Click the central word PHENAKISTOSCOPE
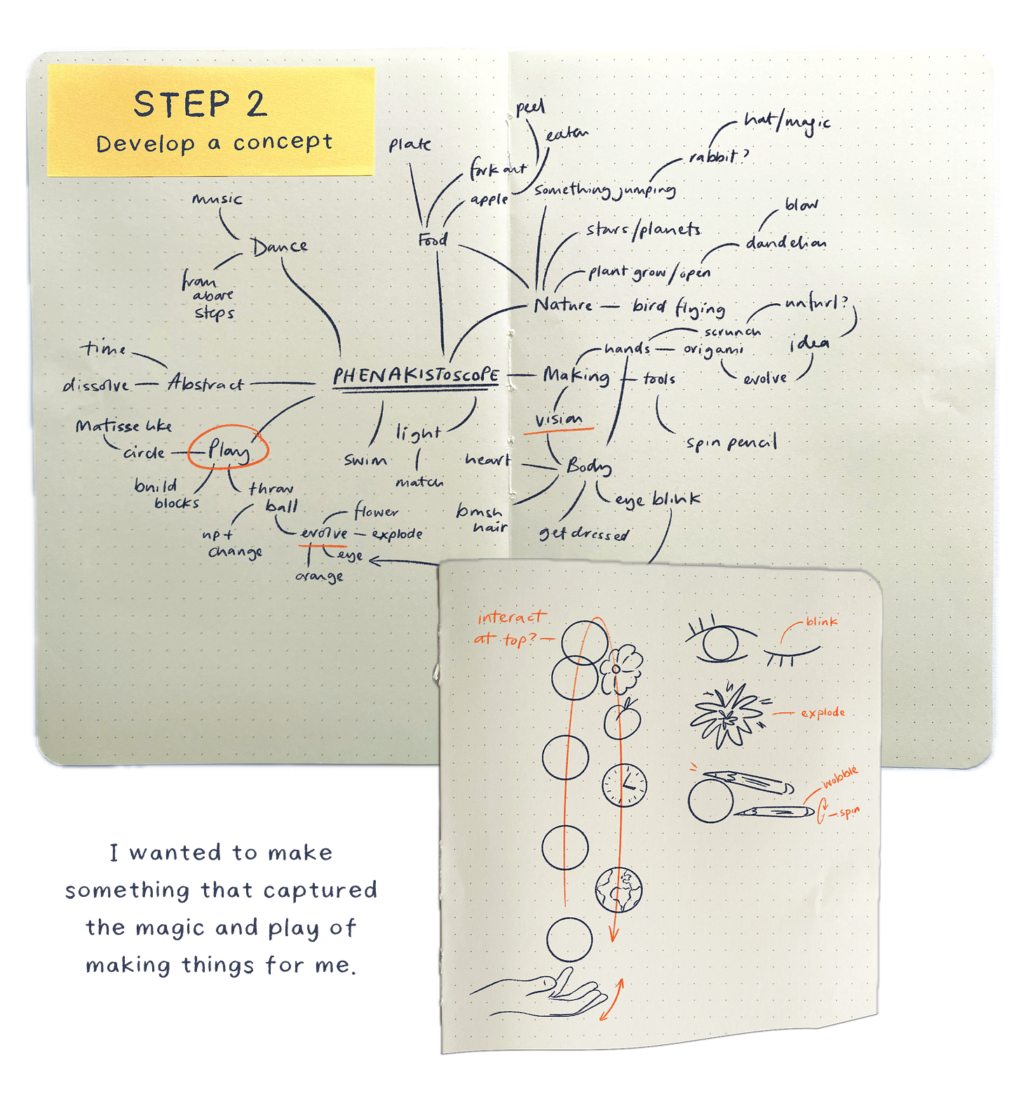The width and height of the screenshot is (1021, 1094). tap(415, 376)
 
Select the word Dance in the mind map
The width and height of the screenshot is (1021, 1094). tap(280, 246)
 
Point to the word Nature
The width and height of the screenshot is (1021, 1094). tap(563, 305)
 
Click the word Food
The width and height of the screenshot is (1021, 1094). tap(433, 240)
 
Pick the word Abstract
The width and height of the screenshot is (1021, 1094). tap(205, 383)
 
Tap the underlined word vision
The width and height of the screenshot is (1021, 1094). tap(558, 420)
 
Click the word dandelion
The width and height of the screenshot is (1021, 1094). tap(785, 243)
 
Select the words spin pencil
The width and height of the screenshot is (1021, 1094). tap(731, 443)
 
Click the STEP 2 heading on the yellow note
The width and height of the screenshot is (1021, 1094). tap(201, 105)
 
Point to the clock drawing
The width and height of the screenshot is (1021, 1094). tap(624, 784)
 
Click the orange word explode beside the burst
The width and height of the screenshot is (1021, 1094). tap(823, 713)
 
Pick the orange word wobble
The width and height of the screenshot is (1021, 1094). tap(840, 778)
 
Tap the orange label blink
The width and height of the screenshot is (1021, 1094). tap(821, 621)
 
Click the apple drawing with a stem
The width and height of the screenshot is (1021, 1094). tap(622, 719)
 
